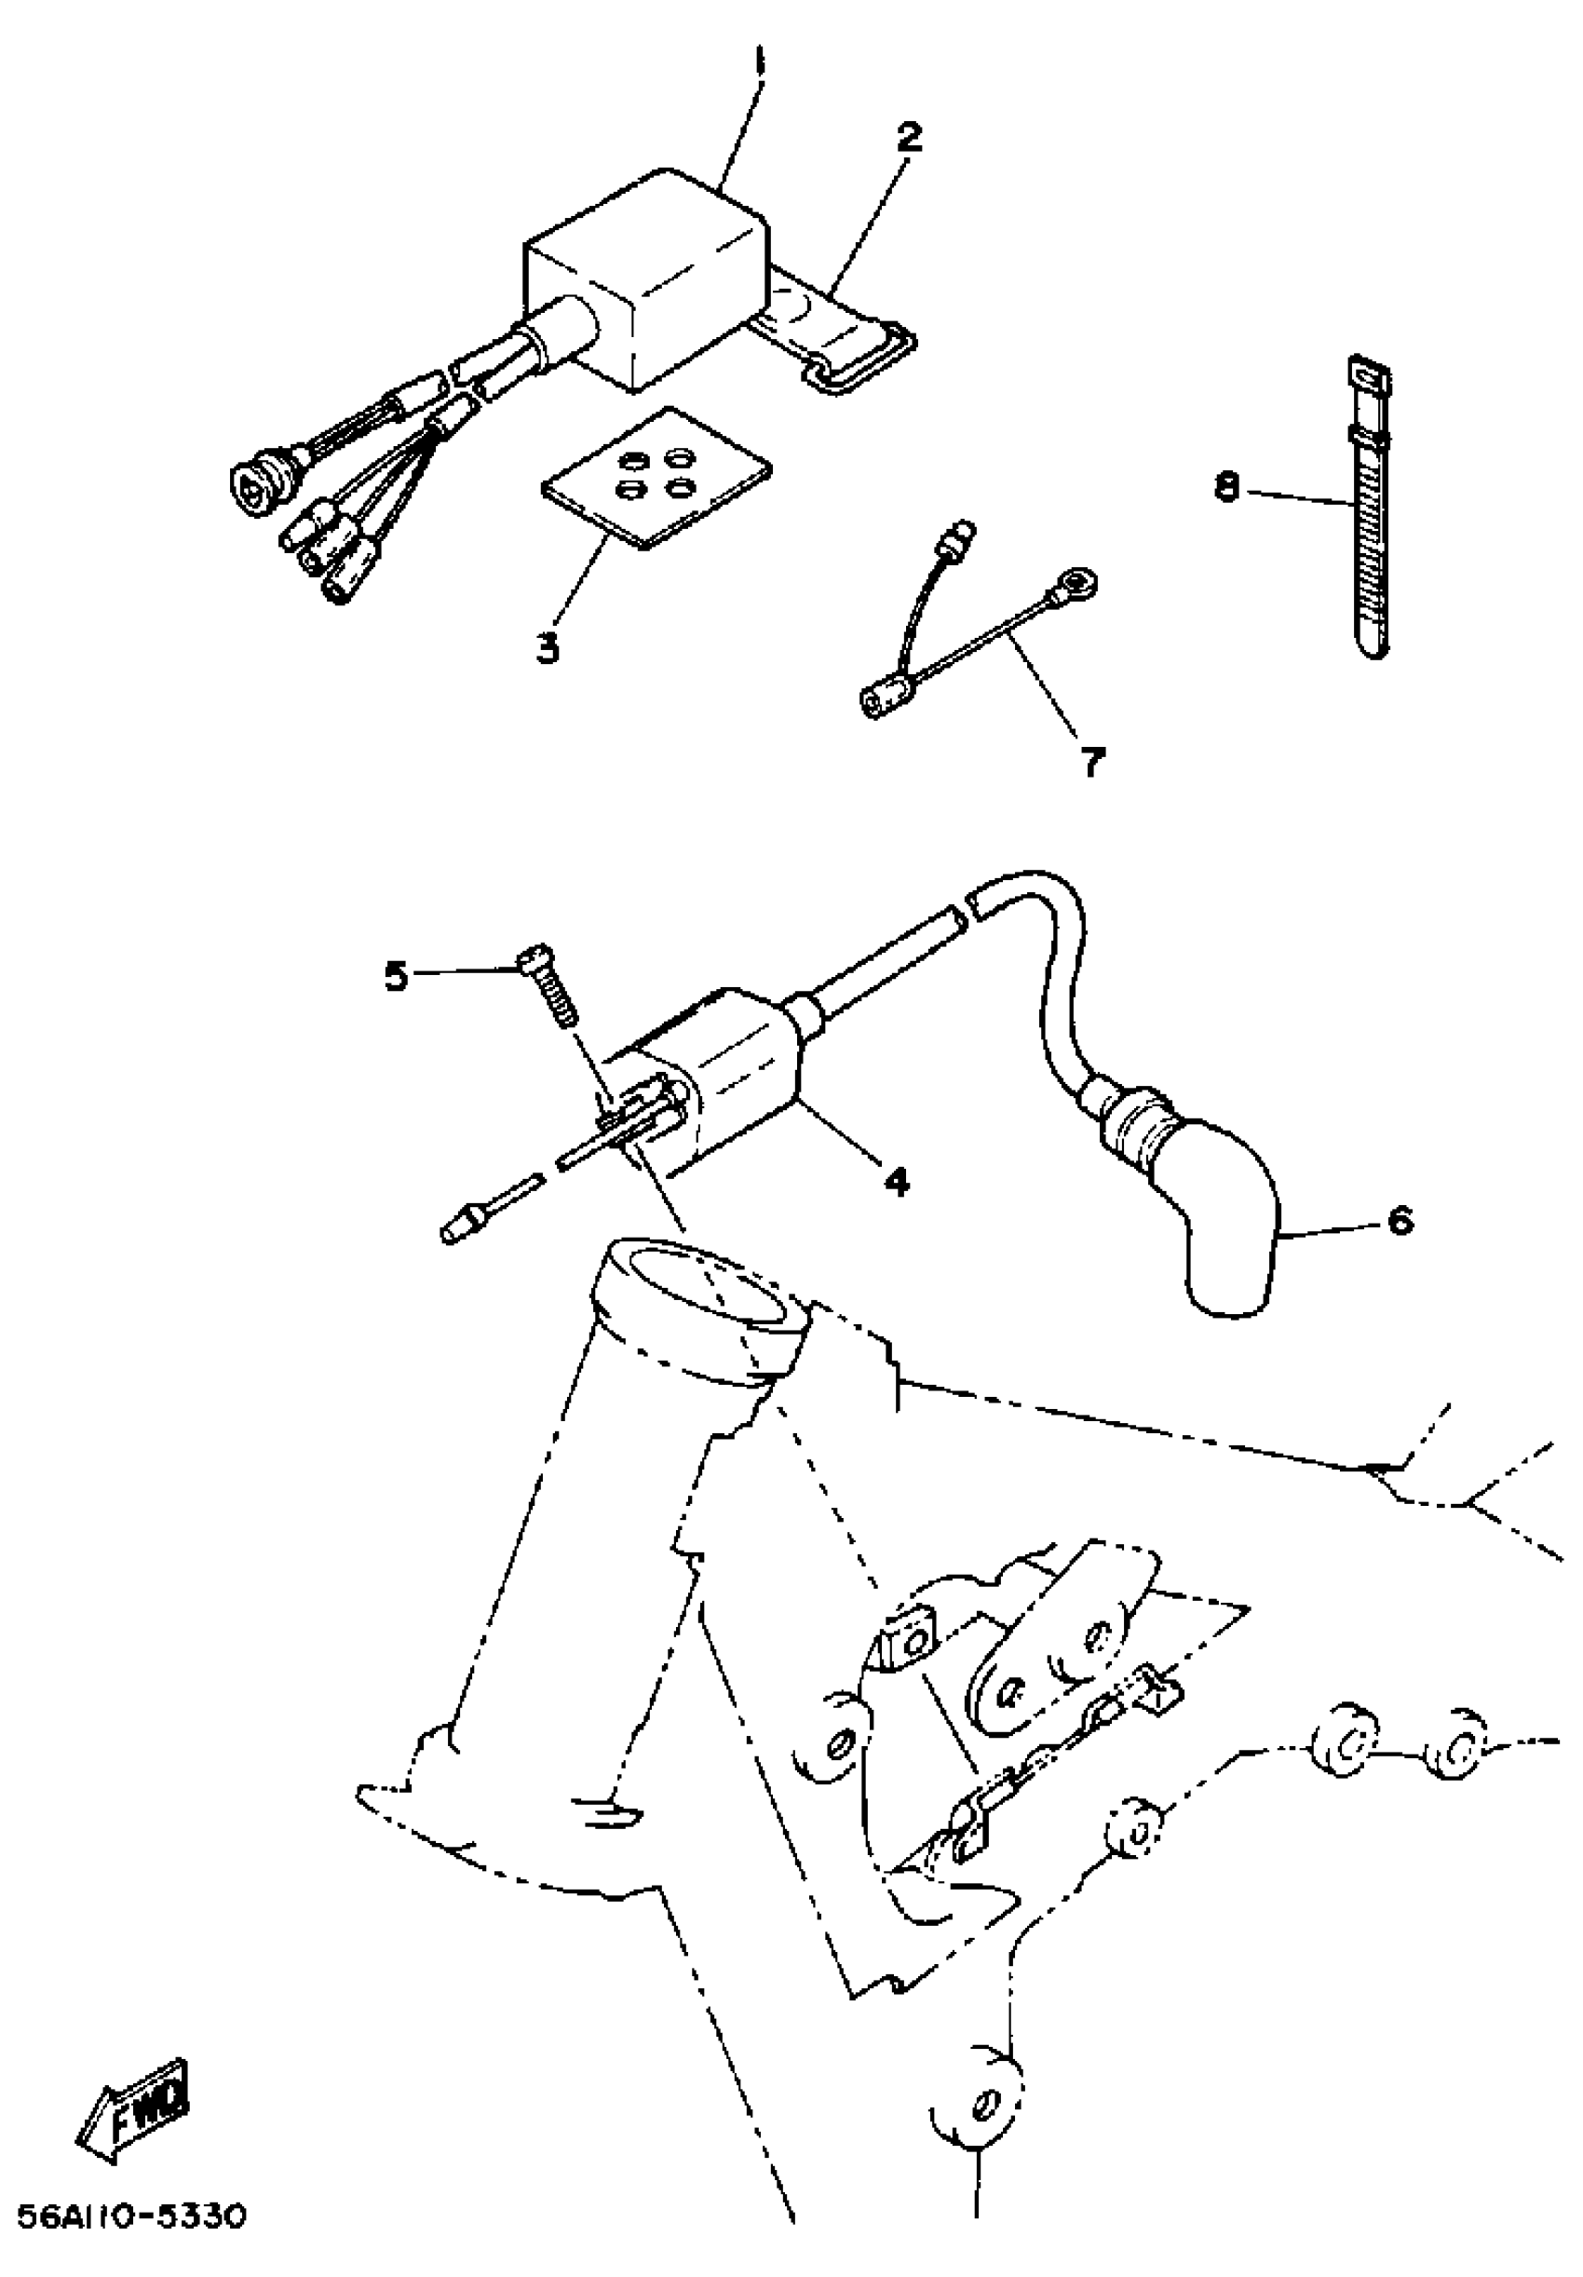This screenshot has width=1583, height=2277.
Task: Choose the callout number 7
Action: [1092, 762]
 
